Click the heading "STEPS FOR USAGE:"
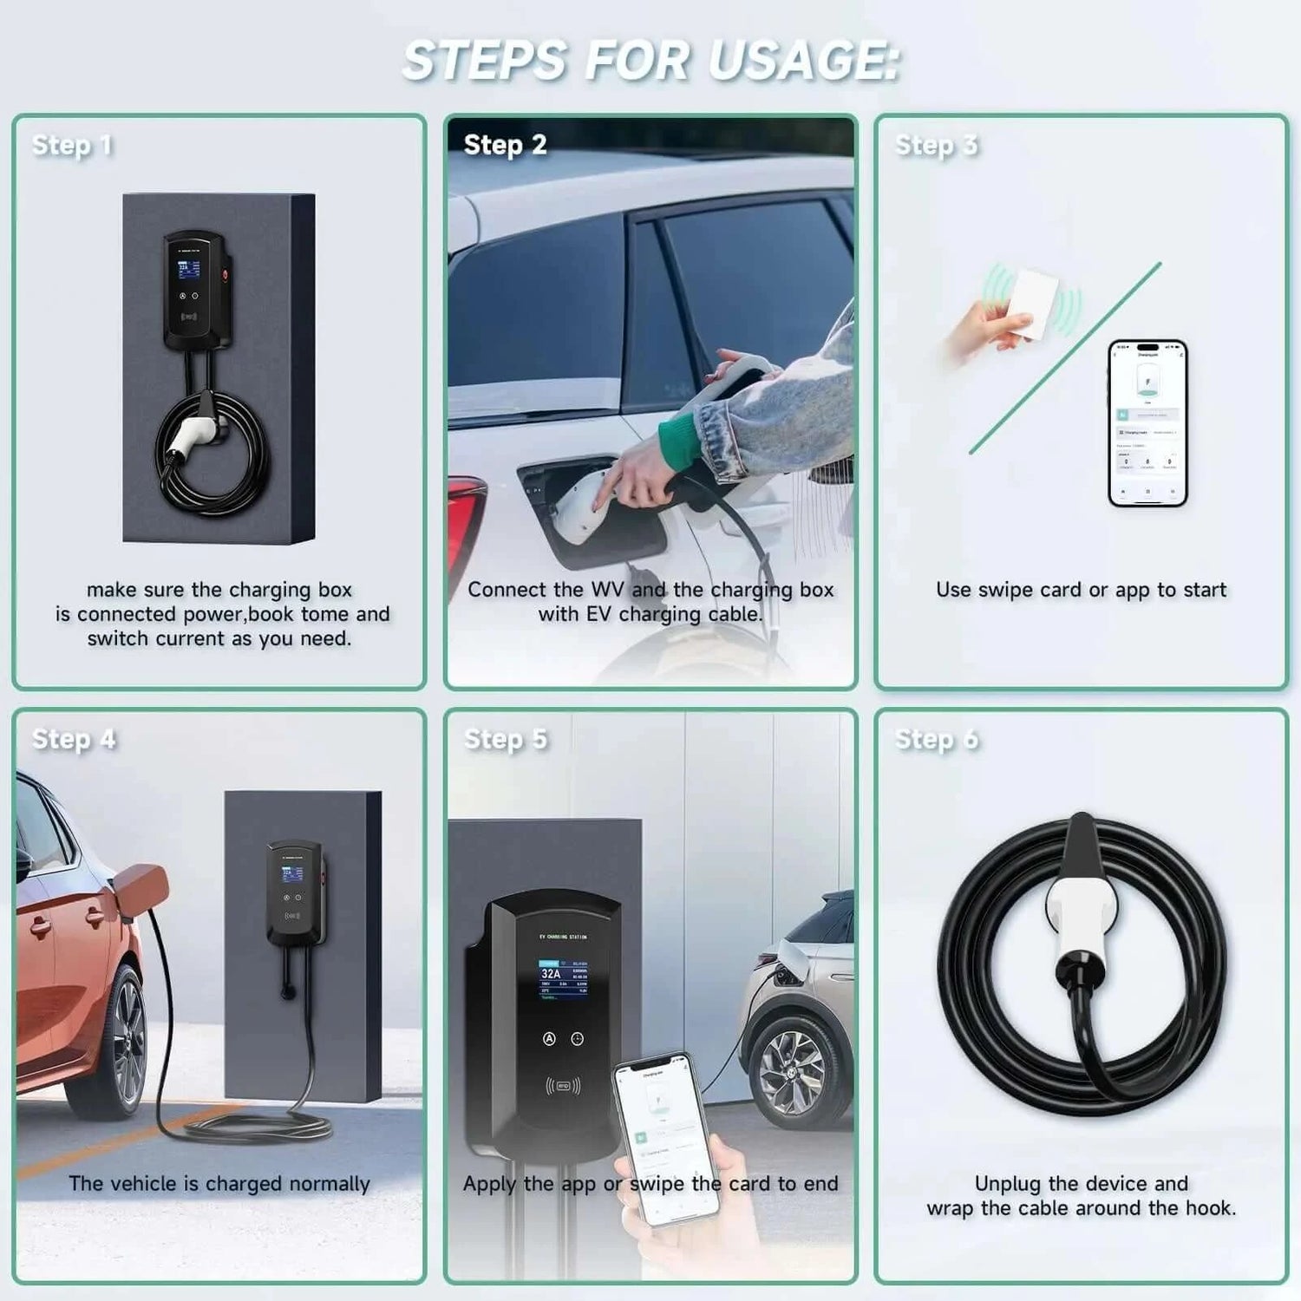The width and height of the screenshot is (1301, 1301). tap(650, 61)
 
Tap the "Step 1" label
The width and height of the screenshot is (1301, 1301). tap(72, 145)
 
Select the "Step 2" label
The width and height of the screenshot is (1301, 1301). tap(505, 145)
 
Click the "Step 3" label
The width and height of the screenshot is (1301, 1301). tap(936, 145)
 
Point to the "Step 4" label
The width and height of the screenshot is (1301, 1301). tap(74, 739)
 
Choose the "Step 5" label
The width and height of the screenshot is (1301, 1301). tap(505, 739)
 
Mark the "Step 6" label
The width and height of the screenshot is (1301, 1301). tap(936, 739)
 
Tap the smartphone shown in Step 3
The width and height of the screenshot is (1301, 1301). tap(1147, 423)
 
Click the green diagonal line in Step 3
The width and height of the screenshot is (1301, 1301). tap(1065, 357)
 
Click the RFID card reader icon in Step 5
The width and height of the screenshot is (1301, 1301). tap(563, 1085)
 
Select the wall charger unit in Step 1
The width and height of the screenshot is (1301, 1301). tap(195, 291)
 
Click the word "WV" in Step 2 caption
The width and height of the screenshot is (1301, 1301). tap(607, 590)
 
